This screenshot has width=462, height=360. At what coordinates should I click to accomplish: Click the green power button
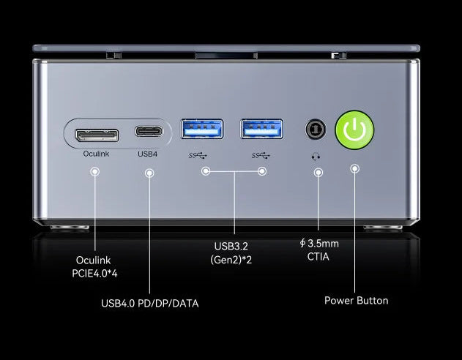pos(355,130)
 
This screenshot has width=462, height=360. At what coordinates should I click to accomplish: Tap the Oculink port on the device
pos(97,135)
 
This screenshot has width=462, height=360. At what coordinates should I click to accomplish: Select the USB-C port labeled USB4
pos(149,131)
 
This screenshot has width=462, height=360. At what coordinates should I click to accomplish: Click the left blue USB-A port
pos(202,129)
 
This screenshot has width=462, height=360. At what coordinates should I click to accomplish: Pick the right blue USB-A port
pos(262,129)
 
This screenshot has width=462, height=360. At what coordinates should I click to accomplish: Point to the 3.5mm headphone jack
pos(316,129)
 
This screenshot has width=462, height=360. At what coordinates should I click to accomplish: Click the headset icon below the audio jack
pos(316,157)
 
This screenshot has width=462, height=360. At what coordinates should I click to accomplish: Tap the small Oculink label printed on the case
pos(96,154)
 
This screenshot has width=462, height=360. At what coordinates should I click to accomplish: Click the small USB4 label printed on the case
pos(148,154)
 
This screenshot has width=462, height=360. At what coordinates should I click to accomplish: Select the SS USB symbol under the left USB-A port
pos(198,155)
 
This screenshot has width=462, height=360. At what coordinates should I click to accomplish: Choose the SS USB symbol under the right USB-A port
pos(261,155)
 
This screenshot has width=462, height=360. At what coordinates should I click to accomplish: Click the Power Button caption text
pos(357,301)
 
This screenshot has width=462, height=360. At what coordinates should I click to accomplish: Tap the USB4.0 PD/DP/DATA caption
pos(149,304)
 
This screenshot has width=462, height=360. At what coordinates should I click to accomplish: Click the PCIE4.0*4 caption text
pos(94,274)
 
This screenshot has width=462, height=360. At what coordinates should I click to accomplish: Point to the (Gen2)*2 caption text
pos(231,260)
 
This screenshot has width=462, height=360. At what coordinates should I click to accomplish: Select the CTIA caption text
pos(318,256)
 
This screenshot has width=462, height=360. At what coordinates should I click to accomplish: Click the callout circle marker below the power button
pos(355,169)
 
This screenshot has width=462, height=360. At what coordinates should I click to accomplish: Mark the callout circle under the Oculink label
pos(95,172)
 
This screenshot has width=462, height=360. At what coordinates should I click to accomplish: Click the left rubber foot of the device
pos(70,228)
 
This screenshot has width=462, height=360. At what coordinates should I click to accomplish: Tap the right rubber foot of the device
pos(383,228)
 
